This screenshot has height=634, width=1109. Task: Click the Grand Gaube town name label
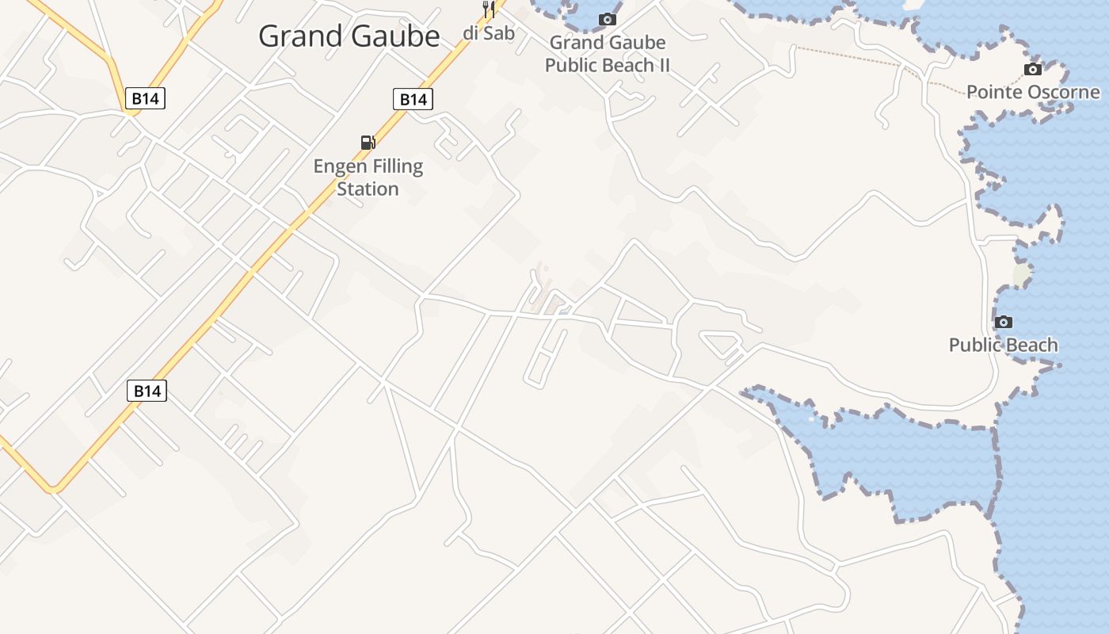pos(349,36)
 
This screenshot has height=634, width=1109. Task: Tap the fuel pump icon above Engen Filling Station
pos(368,143)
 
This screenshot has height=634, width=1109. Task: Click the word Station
pos(368,189)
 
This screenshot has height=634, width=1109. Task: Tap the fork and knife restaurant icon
pos(489,10)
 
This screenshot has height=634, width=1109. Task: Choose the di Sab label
pos(489,32)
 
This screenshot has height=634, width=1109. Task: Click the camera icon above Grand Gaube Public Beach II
pos(608,19)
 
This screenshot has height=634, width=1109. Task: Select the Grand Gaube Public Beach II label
pos(608,54)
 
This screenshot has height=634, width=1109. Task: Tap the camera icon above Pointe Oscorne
pos(1033,69)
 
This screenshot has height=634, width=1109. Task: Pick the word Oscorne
pos(1062,92)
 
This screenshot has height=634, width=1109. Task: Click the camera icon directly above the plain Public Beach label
pos(1004,322)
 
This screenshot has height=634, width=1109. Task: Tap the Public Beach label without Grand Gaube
pos(1004,345)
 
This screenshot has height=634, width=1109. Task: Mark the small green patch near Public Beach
pos(1022,275)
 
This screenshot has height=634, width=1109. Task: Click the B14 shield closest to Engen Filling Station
pos(413,99)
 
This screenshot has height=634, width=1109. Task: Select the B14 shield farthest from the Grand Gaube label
pos(147,391)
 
